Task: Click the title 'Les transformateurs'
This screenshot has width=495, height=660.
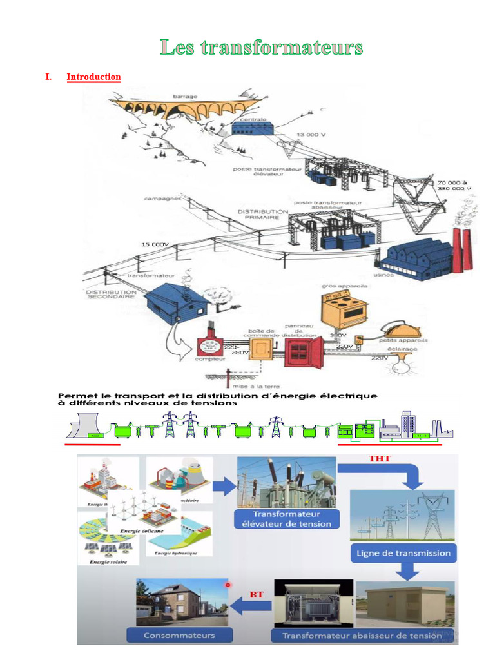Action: point(261,47)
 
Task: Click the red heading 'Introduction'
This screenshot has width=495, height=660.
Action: point(93,77)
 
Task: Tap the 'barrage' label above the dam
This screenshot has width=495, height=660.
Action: point(184,97)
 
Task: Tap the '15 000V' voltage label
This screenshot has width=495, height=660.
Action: point(155,244)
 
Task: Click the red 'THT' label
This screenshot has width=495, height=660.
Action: point(379,458)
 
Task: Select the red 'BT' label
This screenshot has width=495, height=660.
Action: point(256,594)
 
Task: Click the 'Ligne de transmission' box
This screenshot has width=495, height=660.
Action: point(403,553)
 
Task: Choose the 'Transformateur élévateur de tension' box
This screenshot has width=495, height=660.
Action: point(287,519)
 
